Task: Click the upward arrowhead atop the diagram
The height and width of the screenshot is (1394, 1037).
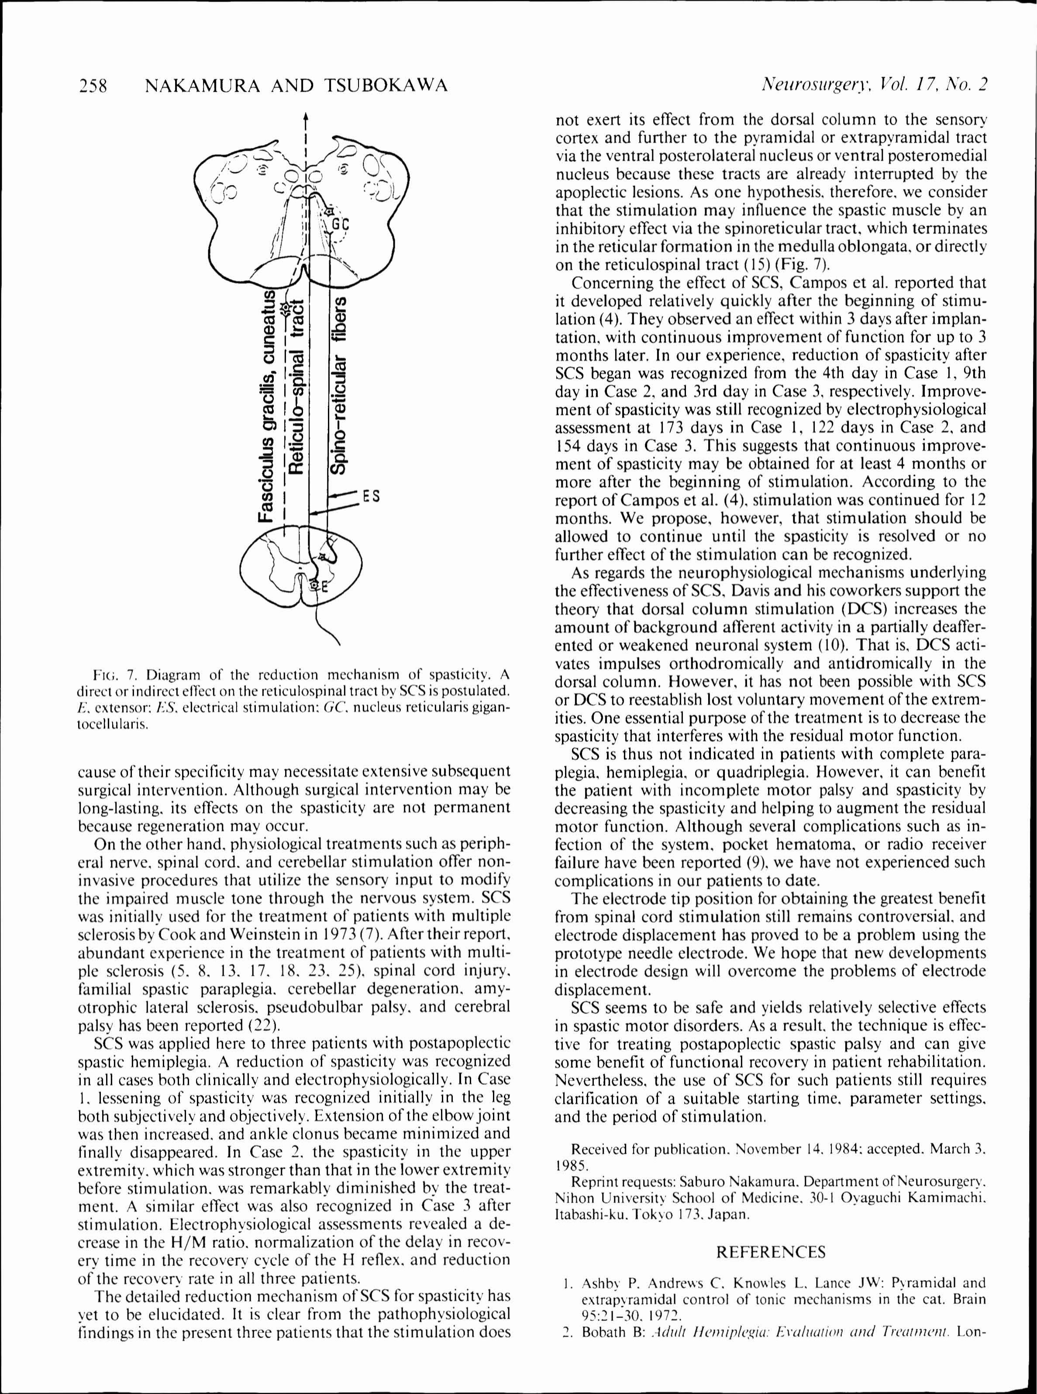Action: [x=305, y=117]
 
